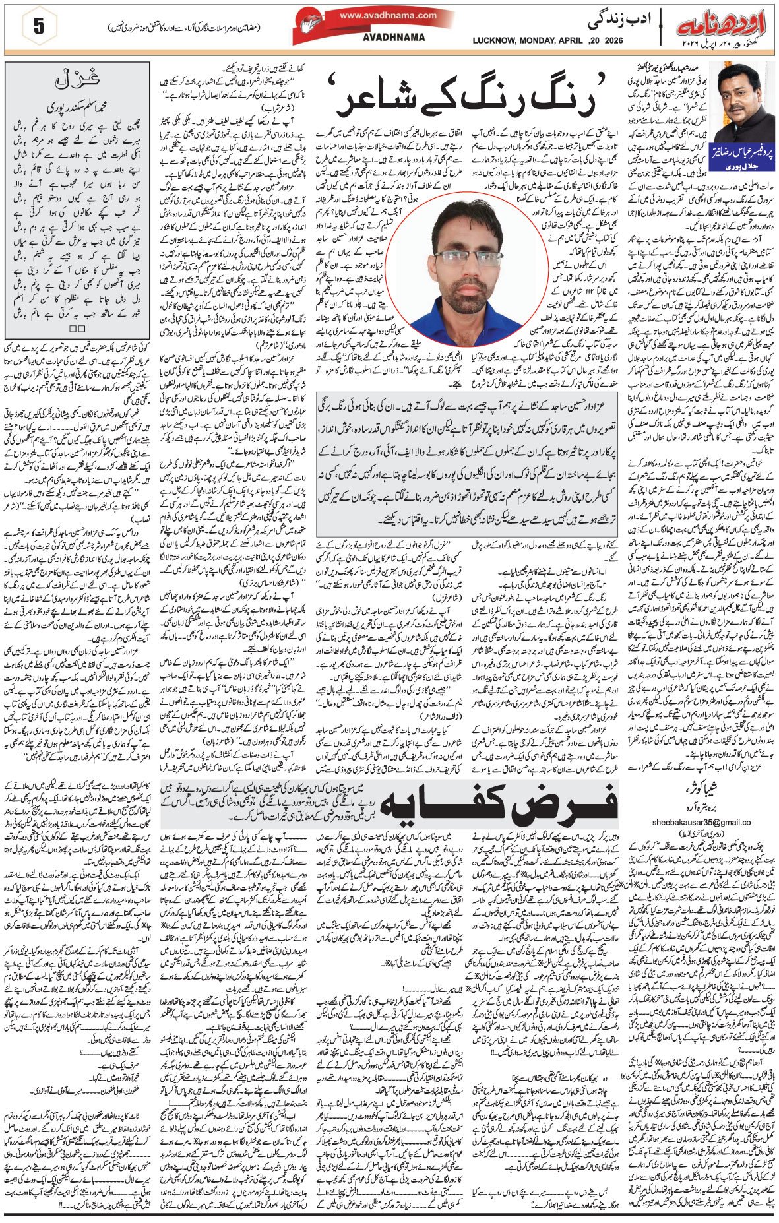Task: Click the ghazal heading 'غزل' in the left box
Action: (78, 80)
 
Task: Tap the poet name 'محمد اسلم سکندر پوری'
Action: (78, 106)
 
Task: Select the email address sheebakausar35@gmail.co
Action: (701, 822)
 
